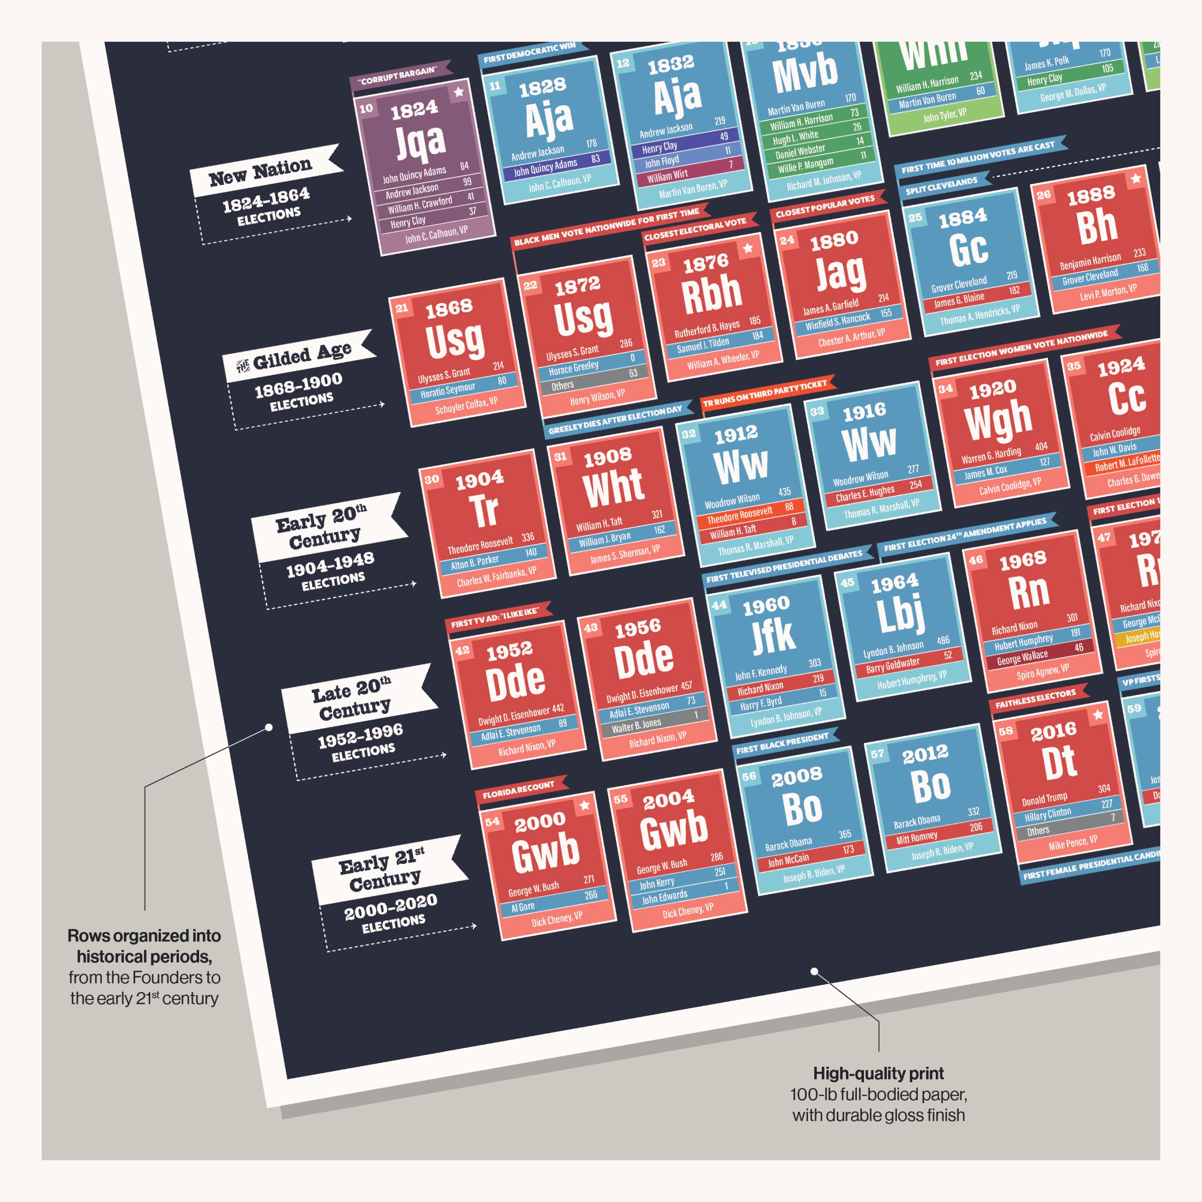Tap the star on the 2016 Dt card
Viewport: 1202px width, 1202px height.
tap(1098, 714)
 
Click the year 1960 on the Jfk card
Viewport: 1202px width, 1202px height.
tap(766, 605)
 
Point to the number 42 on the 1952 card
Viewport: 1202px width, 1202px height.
tap(462, 651)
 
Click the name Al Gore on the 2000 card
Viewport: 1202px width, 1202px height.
tap(523, 907)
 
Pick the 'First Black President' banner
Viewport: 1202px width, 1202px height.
tap(783, 743)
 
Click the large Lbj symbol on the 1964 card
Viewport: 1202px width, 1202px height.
tap(901, 612)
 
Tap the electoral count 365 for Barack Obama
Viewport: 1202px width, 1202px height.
tap(844, 834)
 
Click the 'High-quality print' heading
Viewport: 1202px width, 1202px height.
tap(878, 1072)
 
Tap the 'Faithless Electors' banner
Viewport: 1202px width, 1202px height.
tap(1035, 699)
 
